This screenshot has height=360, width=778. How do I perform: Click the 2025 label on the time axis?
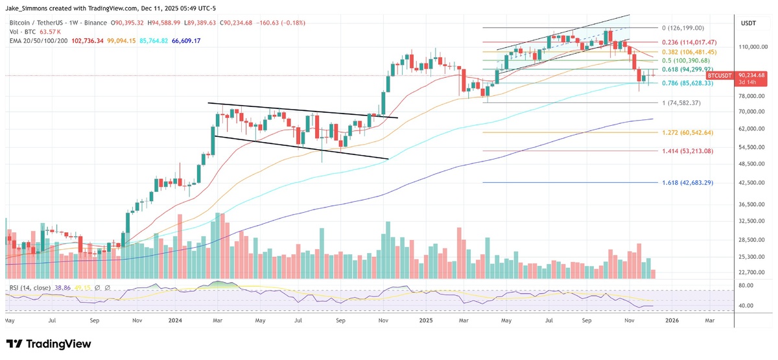pyautogui.click(x=425, y=320)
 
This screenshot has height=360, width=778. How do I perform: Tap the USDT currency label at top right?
pyautogui.click(x=749, y=23)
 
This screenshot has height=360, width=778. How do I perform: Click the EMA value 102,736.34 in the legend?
pyautogui.click(x=81, y=40)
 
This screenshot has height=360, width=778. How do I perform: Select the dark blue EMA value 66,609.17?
pyautogui.click(x=183, y=40)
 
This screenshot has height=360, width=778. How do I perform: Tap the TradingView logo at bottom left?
pyautogui.click(x=49, y=344)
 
